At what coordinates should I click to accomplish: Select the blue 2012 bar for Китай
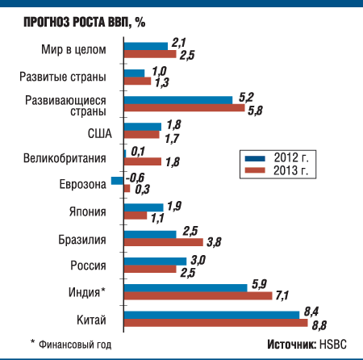click(x=213, y=314)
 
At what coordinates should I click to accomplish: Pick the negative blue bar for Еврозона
click(x=117, y=180)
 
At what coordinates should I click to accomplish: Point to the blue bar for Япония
click(x=143, y=207)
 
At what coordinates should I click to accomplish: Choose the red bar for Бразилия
click(x=163, y=241)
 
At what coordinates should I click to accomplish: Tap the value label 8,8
click(x=320, y=324)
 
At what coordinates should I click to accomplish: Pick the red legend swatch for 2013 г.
click(x=257, y=170)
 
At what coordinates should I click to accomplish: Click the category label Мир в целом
click(x=73, y=50)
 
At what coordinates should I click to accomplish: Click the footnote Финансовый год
click(x=74, y=345)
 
